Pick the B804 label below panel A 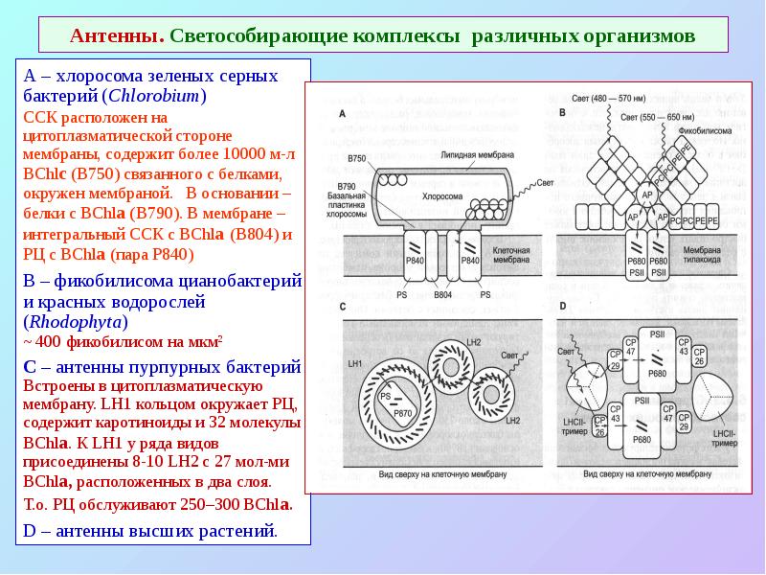coord(442,295)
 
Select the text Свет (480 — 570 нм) coord(609,99)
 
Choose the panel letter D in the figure coord(563,307)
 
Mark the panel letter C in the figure coord(342,307)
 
